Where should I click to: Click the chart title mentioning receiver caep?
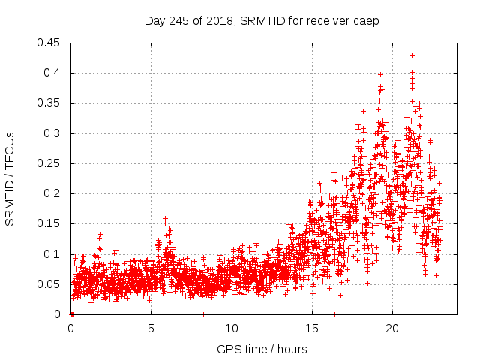point(262,21)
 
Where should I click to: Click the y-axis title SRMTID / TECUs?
point(10,178)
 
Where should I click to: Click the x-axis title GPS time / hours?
point(262,349)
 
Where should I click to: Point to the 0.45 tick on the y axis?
point(50,43)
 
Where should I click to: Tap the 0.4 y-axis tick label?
point(53,73)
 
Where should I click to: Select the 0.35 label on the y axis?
point(50,103)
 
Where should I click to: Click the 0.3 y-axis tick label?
point(53,133)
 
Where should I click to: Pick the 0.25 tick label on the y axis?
point(50,163)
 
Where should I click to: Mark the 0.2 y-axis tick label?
point(53,193)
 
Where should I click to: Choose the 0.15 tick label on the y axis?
point(50,223)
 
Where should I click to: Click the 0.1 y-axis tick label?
point(53,254)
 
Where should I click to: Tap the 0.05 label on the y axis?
point(50,284)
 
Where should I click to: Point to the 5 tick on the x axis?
point(151,328)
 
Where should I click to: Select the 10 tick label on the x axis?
point(232,328)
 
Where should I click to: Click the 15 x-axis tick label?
point(312,328)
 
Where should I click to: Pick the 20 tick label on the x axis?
point(392,328)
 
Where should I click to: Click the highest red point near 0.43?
point(412,55)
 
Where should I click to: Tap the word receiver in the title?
point(329,21)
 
